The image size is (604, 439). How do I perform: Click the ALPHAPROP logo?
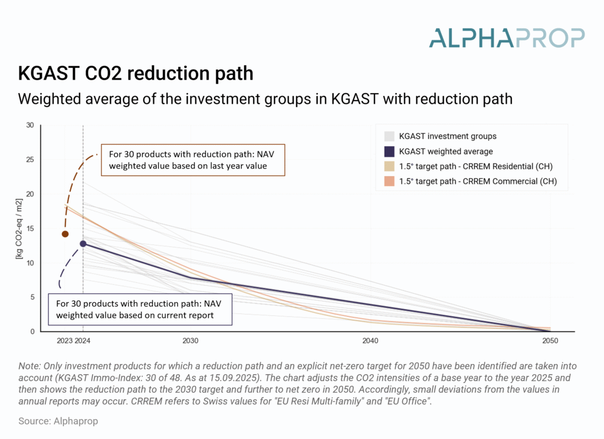[x=507, y=37]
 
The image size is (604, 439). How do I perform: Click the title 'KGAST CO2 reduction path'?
[x=136, y=74]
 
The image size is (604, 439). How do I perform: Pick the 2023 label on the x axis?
[x=64, y=341]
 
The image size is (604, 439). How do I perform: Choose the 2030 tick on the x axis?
[x=191, y=341]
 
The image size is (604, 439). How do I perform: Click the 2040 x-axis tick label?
[x=370, y=341]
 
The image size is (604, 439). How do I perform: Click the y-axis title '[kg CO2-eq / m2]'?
[x=19, y=228]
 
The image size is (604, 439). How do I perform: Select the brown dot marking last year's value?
[x=65, y=234]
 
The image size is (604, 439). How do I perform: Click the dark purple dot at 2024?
[x=83, y=243]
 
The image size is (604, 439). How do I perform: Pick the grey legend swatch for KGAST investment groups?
[x=389, y=136]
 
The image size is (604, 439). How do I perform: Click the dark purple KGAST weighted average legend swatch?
[x=389, y=151]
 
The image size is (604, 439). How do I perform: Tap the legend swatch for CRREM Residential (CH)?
[x=389, y=166]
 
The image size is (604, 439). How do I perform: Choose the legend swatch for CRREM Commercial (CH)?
[x=389, y=181]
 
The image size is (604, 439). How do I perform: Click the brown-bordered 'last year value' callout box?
[x=193, y=160]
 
